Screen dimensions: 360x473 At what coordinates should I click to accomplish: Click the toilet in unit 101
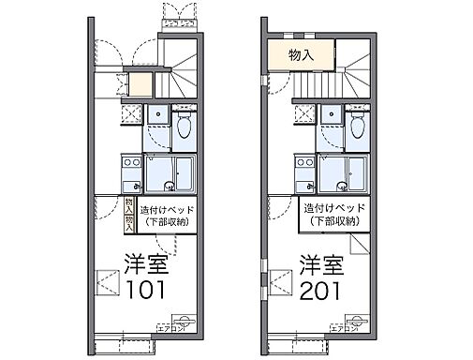[185, 126]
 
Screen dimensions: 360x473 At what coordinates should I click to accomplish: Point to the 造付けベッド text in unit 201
[333, 208]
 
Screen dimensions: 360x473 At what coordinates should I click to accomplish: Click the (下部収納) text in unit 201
[333, 221]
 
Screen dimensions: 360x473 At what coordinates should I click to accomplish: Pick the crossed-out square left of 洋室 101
[108, 280]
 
